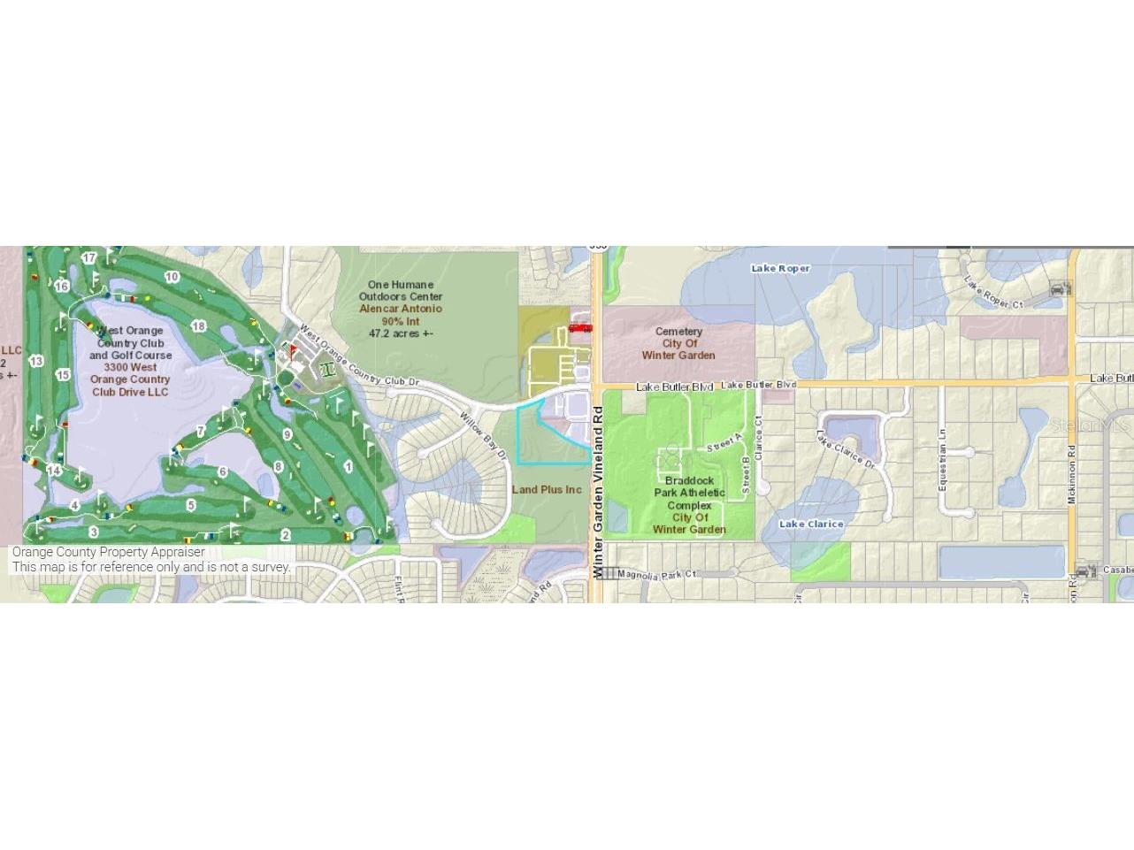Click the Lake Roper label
coord(780,268)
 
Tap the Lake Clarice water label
coord(811,524)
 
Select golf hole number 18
coord(199,326)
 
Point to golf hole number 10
coord(172,277)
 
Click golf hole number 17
coord(89,257)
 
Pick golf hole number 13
coord(36,361)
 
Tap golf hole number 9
coord(287,434)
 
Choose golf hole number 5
coord(191,505)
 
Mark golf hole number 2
coord(286,535)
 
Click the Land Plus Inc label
coord(548,489)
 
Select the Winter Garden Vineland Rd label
coord(598,492)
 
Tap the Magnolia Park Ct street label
coord(656,574)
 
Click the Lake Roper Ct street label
coord(993,293)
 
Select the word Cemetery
coord(679,332)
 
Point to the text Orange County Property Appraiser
coord(108,552)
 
